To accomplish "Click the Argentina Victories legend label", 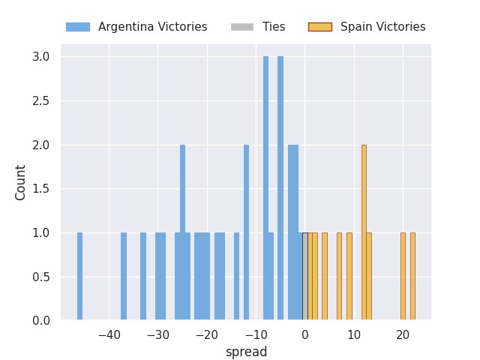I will coord(152,27).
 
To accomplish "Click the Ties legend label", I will coord(273,27).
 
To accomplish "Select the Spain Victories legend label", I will coord(382,27).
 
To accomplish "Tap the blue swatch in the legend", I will coord(77,27).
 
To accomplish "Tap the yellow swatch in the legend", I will coord(319,27).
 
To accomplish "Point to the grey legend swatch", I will coord(242,27).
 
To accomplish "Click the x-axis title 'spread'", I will coord(246,352).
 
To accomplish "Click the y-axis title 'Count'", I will coord(21,182).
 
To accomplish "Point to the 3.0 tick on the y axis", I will coord(41,57).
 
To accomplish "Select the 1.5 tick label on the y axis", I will coord(41,189).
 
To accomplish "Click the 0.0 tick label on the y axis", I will coord(41,321).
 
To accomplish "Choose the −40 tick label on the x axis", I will coord(109,334).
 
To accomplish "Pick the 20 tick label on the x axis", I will coord(403,334).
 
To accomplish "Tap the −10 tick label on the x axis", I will coord(256,334).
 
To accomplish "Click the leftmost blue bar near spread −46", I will coord(79,277).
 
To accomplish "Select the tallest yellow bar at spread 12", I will coord(364,232).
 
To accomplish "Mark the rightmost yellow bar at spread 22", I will coord(412,277).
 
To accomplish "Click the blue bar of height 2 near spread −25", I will coord(182,232).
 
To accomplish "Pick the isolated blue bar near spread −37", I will coord(124,277).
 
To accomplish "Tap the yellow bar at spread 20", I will coord(403,277).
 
